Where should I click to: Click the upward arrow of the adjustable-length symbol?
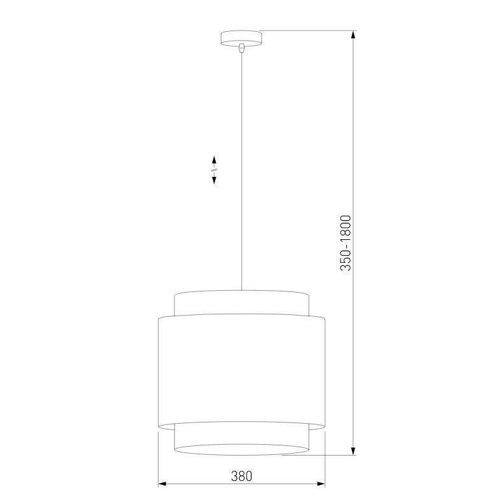(x=214, y=159)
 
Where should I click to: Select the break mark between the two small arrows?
(x=214, y=170)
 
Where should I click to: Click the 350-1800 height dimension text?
(x=345, y=243)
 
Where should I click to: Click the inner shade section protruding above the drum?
(x=241, y=303)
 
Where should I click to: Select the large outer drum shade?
(x=241, y=369)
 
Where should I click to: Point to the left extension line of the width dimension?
(x=158, y=458)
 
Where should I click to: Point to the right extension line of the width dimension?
(x=325, y=458)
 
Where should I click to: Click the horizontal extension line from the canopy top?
(x=305, y=30)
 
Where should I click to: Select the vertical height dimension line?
(x=354, y=127)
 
